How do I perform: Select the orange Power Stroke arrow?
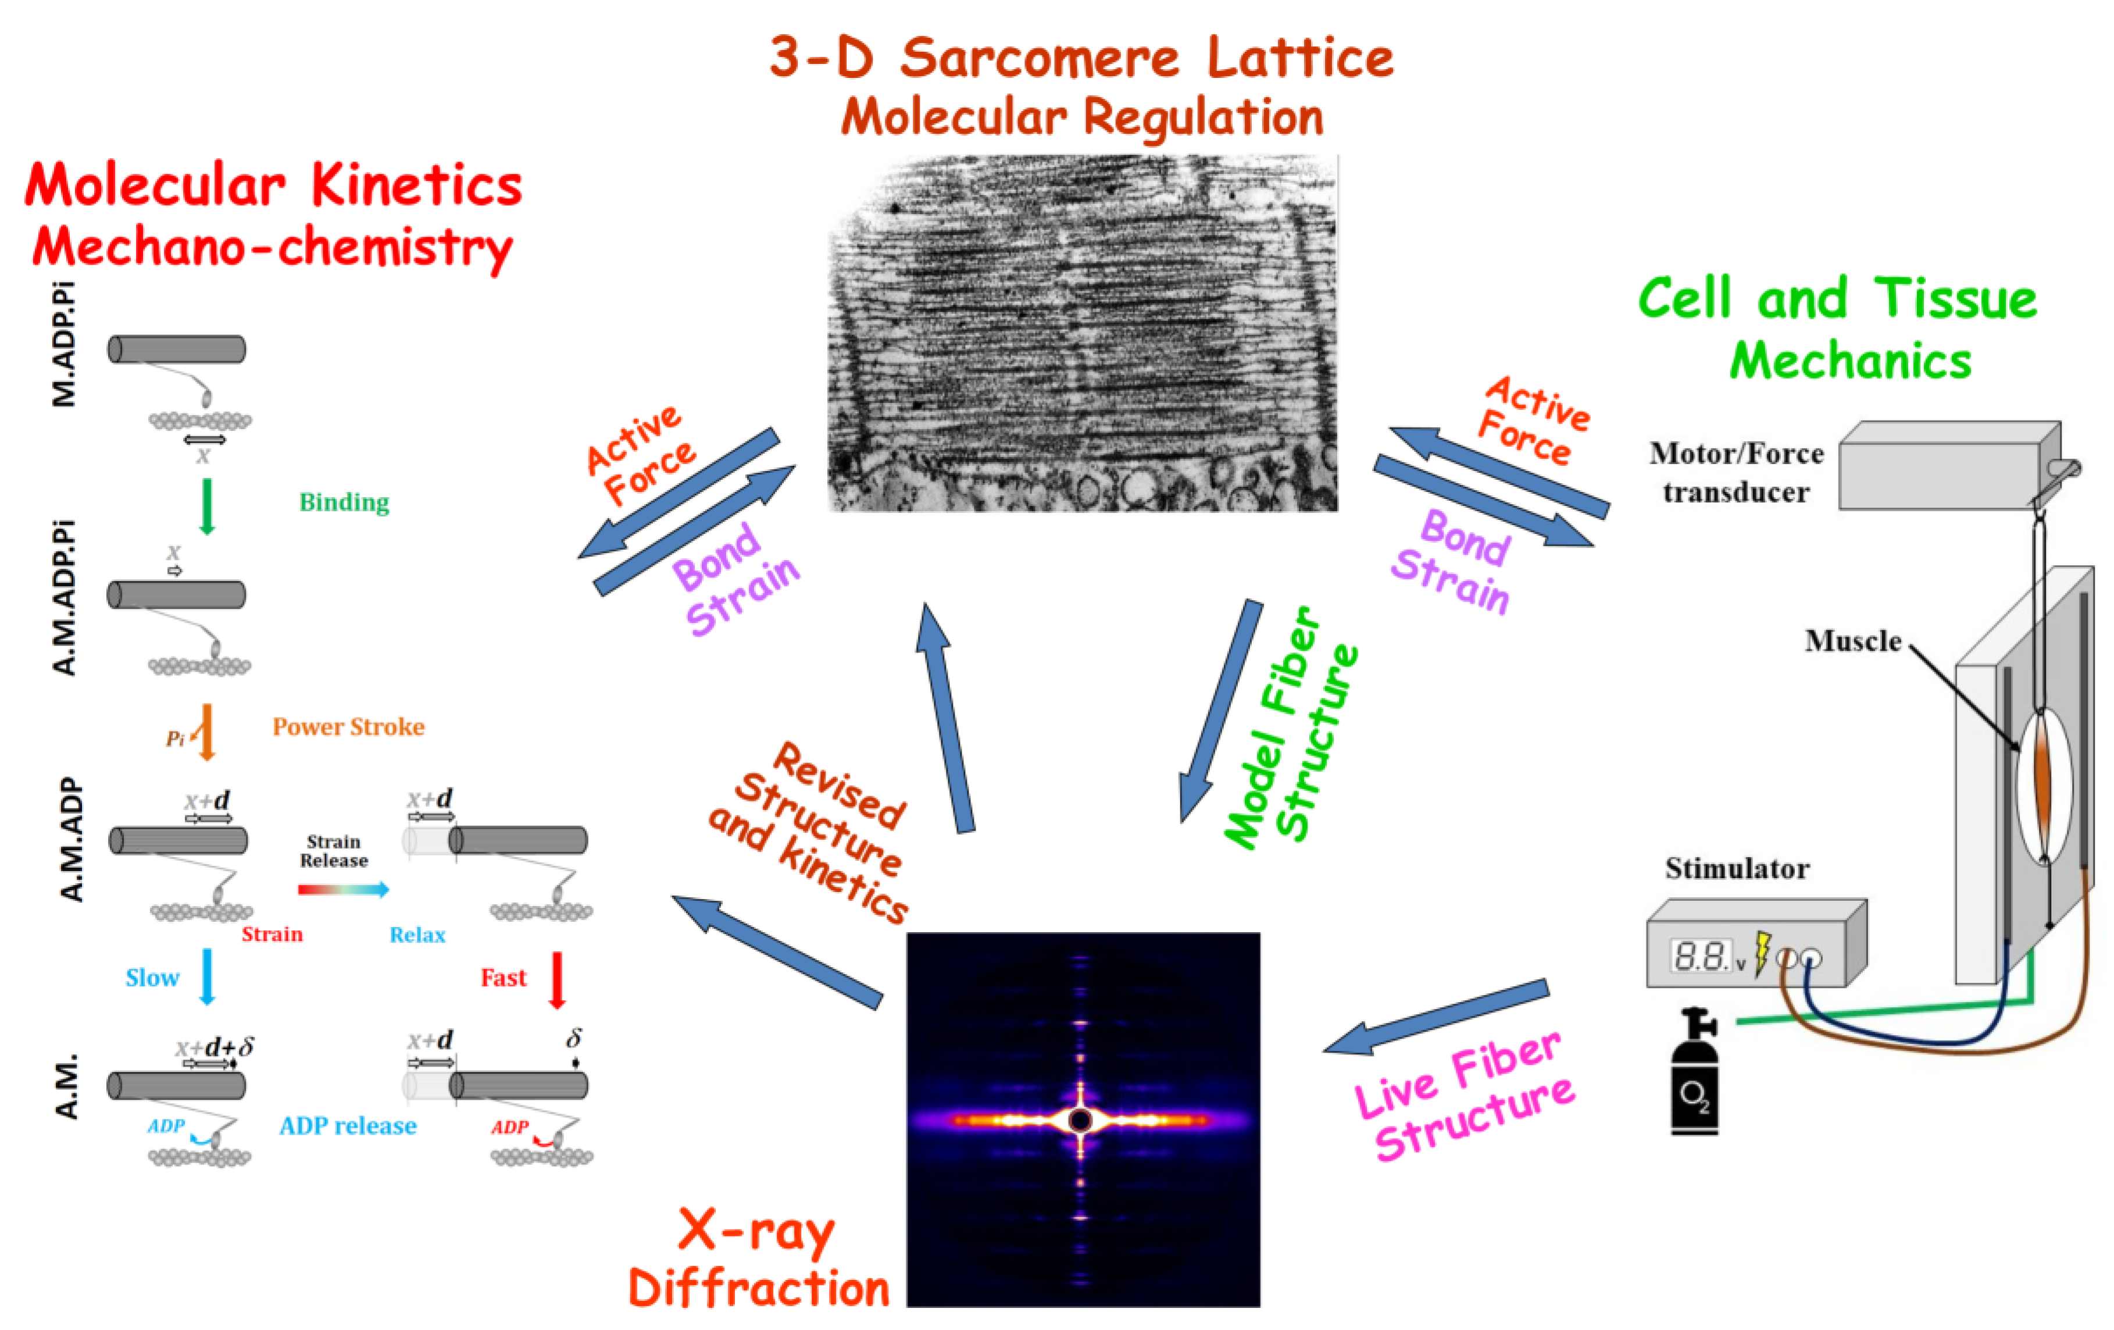206,730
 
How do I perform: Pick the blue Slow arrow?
206,975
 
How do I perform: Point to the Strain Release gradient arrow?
343,889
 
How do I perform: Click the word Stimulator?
1737,868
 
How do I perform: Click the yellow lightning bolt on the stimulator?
1761,953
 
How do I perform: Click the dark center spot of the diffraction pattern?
1080,1120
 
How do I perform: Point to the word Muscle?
1852,641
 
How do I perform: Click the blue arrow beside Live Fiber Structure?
1435,1017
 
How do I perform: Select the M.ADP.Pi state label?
64,344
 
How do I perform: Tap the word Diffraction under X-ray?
759,1289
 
